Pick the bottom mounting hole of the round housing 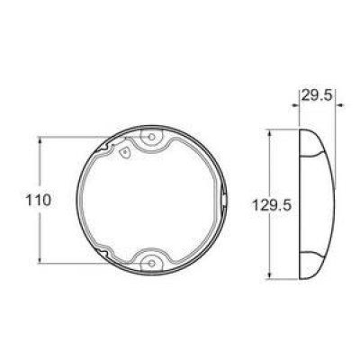(151, 262)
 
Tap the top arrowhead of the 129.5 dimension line (273, 132)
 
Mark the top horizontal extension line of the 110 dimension (72, 138)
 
